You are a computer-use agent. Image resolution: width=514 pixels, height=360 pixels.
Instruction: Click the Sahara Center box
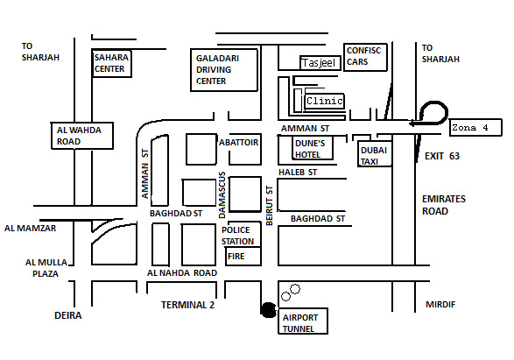112,64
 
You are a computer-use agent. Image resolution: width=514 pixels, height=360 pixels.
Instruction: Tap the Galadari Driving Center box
224,70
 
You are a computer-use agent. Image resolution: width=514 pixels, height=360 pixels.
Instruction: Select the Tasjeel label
319,62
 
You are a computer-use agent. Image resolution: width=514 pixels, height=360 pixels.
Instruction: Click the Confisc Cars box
365,57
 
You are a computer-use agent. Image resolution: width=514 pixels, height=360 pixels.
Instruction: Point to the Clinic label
325,101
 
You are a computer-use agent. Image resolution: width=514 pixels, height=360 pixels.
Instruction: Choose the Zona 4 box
475,127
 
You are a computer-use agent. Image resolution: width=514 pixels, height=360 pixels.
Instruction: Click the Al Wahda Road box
82,136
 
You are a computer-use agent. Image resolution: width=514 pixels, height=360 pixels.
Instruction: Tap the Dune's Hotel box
313,148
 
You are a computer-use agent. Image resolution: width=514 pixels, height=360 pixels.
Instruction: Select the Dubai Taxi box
375,154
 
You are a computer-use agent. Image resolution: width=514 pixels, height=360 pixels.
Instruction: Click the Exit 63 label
442,156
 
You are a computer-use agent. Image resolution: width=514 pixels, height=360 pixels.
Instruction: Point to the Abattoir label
239,143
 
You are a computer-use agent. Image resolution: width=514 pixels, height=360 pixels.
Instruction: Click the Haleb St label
298,173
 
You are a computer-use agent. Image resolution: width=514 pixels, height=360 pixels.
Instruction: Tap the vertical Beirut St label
269,206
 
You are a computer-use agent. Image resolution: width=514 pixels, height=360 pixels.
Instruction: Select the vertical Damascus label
222,194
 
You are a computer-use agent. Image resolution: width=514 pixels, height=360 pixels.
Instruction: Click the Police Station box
244,235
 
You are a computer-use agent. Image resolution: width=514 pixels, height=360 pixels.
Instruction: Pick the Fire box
243,256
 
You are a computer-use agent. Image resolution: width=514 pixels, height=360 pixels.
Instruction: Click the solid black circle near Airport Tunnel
269,310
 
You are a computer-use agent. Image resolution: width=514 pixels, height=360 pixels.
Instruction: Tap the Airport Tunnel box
303,321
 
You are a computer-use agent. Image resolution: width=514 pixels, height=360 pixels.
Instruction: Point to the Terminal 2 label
188,305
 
